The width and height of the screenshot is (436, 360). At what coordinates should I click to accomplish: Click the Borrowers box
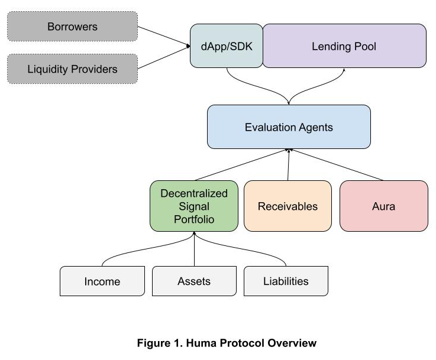click(x=72, y=27)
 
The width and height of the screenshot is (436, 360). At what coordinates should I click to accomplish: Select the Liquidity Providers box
click(x=72, y=69)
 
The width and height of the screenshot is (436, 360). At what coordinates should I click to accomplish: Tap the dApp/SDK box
click(x=227, y=46)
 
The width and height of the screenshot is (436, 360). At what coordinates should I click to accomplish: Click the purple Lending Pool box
click(x=344, y=46)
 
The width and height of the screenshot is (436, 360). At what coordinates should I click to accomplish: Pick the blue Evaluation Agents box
click(x=289, y=127)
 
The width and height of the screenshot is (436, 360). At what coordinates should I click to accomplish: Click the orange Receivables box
click(x=288, y=206)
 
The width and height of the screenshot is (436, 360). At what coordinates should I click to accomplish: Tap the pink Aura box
click(x=383, y=206)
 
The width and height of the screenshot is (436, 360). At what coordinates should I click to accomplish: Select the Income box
click(x=102, y=281)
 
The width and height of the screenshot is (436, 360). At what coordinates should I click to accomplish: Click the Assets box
click(x=194, y=281)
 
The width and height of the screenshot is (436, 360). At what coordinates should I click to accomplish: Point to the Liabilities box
click(x=286, y=281)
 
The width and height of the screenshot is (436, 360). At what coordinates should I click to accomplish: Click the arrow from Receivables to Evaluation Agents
click(x=288, y=165)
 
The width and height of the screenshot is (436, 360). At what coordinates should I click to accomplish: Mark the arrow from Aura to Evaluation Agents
click(x=337, y=165)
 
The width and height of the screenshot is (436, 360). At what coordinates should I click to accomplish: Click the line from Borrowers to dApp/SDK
click(x=163, y=36)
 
